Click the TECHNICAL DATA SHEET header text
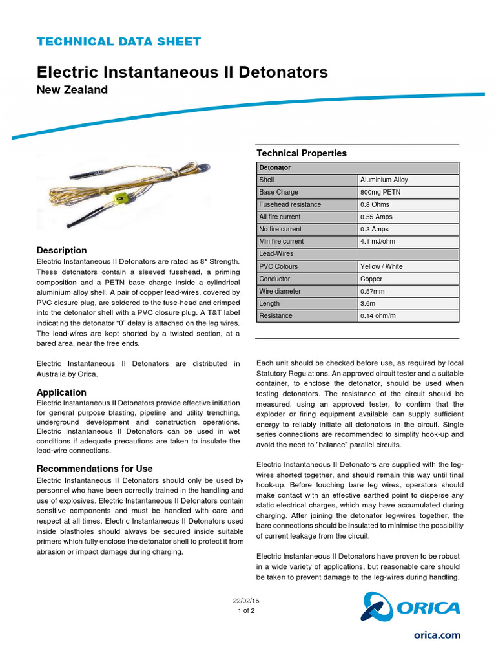119,42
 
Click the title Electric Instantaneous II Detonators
182,72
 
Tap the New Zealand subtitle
72,90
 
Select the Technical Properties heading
302,153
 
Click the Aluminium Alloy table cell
384,180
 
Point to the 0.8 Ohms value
375,204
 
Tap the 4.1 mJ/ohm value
378,241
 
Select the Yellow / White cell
385,266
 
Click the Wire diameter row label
280,291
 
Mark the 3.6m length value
368,303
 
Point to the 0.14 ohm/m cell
378,315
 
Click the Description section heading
61,250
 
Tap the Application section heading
61,392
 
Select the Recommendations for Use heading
94,469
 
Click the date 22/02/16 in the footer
246,601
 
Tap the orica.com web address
437,635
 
